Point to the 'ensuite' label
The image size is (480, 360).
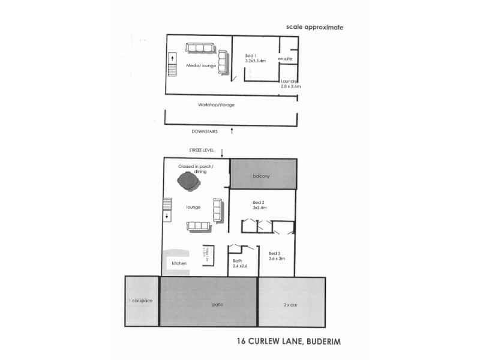285,59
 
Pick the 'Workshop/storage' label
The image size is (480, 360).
217,104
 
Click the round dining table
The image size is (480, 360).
189,181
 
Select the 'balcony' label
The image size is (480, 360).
260,176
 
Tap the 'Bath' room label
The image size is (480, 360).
237,260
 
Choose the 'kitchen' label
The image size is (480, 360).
179,263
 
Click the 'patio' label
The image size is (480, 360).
217,305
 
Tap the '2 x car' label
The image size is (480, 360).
290,305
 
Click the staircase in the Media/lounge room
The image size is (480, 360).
172,65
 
